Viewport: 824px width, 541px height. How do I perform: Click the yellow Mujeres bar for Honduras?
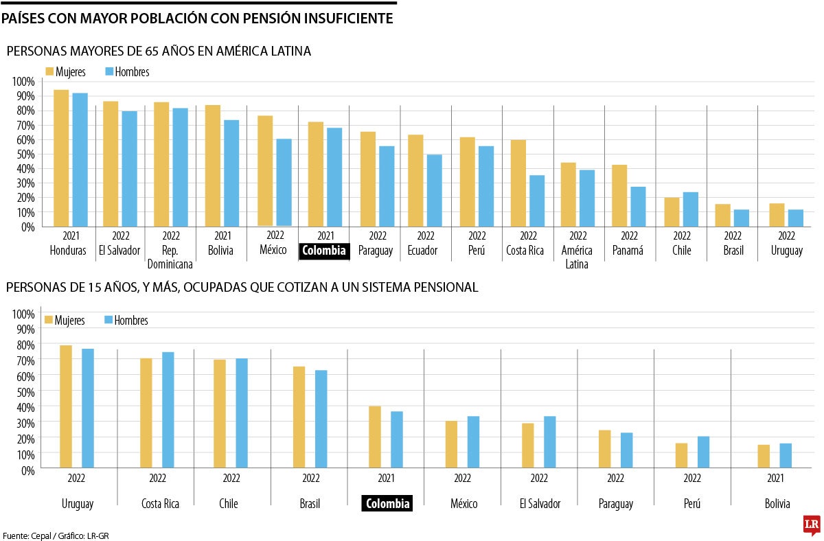tap(61, 159)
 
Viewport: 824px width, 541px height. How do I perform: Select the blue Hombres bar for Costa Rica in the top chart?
tap(536, 201)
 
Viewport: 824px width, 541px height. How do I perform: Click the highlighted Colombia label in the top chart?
tap(324, 251)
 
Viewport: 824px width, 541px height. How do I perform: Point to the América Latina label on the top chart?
tap(577, 257)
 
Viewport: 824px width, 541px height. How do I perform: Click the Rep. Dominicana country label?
tap(170, 257)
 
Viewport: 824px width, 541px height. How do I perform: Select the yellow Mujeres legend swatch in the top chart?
tap(49, 71)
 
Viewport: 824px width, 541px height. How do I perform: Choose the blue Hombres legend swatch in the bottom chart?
tap(108, 320)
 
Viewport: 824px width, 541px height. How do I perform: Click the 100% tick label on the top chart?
tap(23, 82)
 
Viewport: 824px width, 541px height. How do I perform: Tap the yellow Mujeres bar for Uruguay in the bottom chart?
tap(66, 406)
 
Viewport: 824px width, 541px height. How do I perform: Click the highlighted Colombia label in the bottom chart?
tap(387, 504)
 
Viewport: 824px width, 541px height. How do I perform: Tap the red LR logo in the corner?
tap(812, 525)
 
